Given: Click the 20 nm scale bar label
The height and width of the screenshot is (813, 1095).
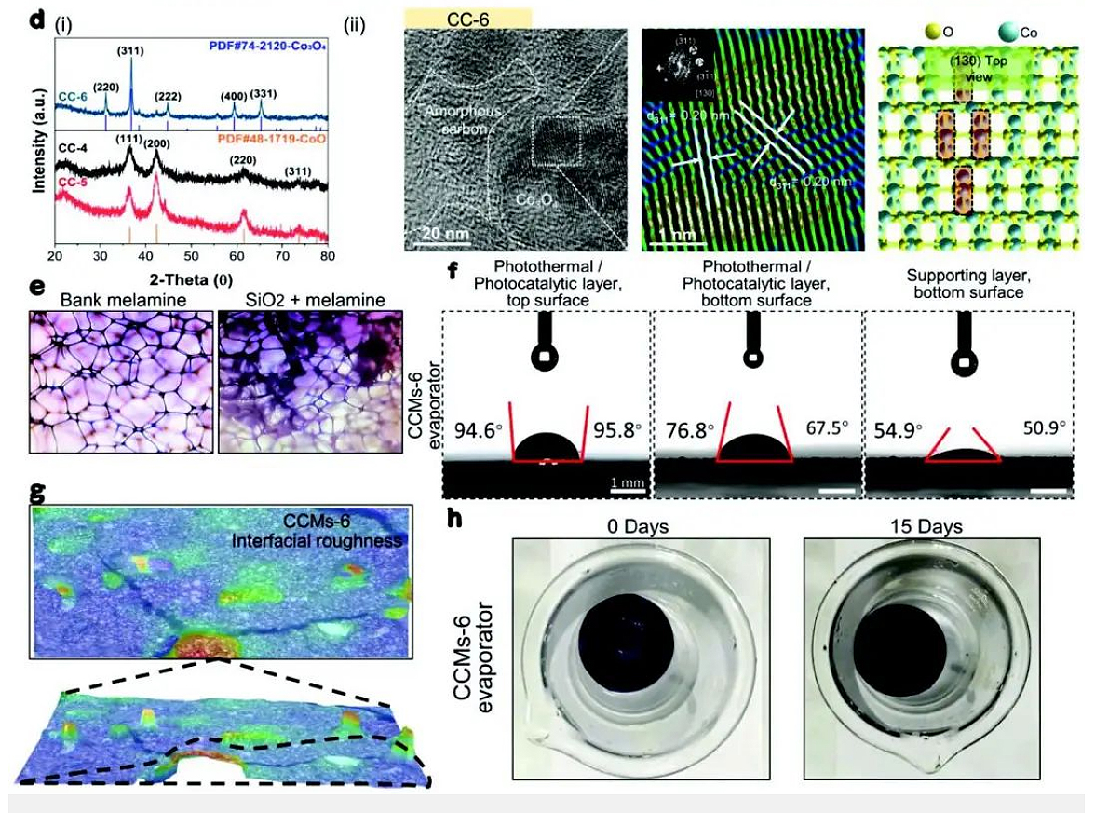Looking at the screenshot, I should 436,232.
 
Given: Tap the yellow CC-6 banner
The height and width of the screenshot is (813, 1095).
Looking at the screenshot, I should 468,19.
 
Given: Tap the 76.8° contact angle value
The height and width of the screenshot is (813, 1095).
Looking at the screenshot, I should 690,429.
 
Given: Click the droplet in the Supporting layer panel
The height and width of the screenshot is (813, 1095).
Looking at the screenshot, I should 967,454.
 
